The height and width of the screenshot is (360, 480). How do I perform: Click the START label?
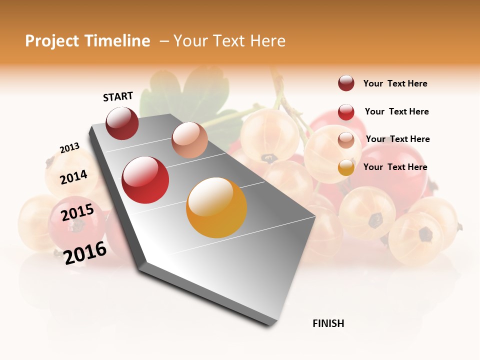(x=118, y=96)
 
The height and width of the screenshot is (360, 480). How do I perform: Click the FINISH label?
(x=328, y=323)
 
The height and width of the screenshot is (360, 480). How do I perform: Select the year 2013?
(x=69, y=148)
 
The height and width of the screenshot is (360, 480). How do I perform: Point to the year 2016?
(x=85, y=252)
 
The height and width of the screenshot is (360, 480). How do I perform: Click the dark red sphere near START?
(x=122, y=123)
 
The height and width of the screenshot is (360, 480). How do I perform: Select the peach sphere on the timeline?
(x=189, y=139)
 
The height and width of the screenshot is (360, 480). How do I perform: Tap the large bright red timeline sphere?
(x=145, y=180)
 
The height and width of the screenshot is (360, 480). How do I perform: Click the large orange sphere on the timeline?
(x=216, y=207)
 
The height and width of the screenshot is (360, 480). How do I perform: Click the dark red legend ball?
(x=346, y=83)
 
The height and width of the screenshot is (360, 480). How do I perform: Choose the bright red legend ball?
(x=346, y=112)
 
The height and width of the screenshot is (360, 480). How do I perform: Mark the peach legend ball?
(x=346, y=140)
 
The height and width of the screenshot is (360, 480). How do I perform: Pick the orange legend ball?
(x=346, y=167)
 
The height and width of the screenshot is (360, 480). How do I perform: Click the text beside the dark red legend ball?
(x=395, y=83)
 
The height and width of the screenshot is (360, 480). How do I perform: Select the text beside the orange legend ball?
(x=395, y=167)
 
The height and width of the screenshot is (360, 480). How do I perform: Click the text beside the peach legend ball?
(x=397, y=139)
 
